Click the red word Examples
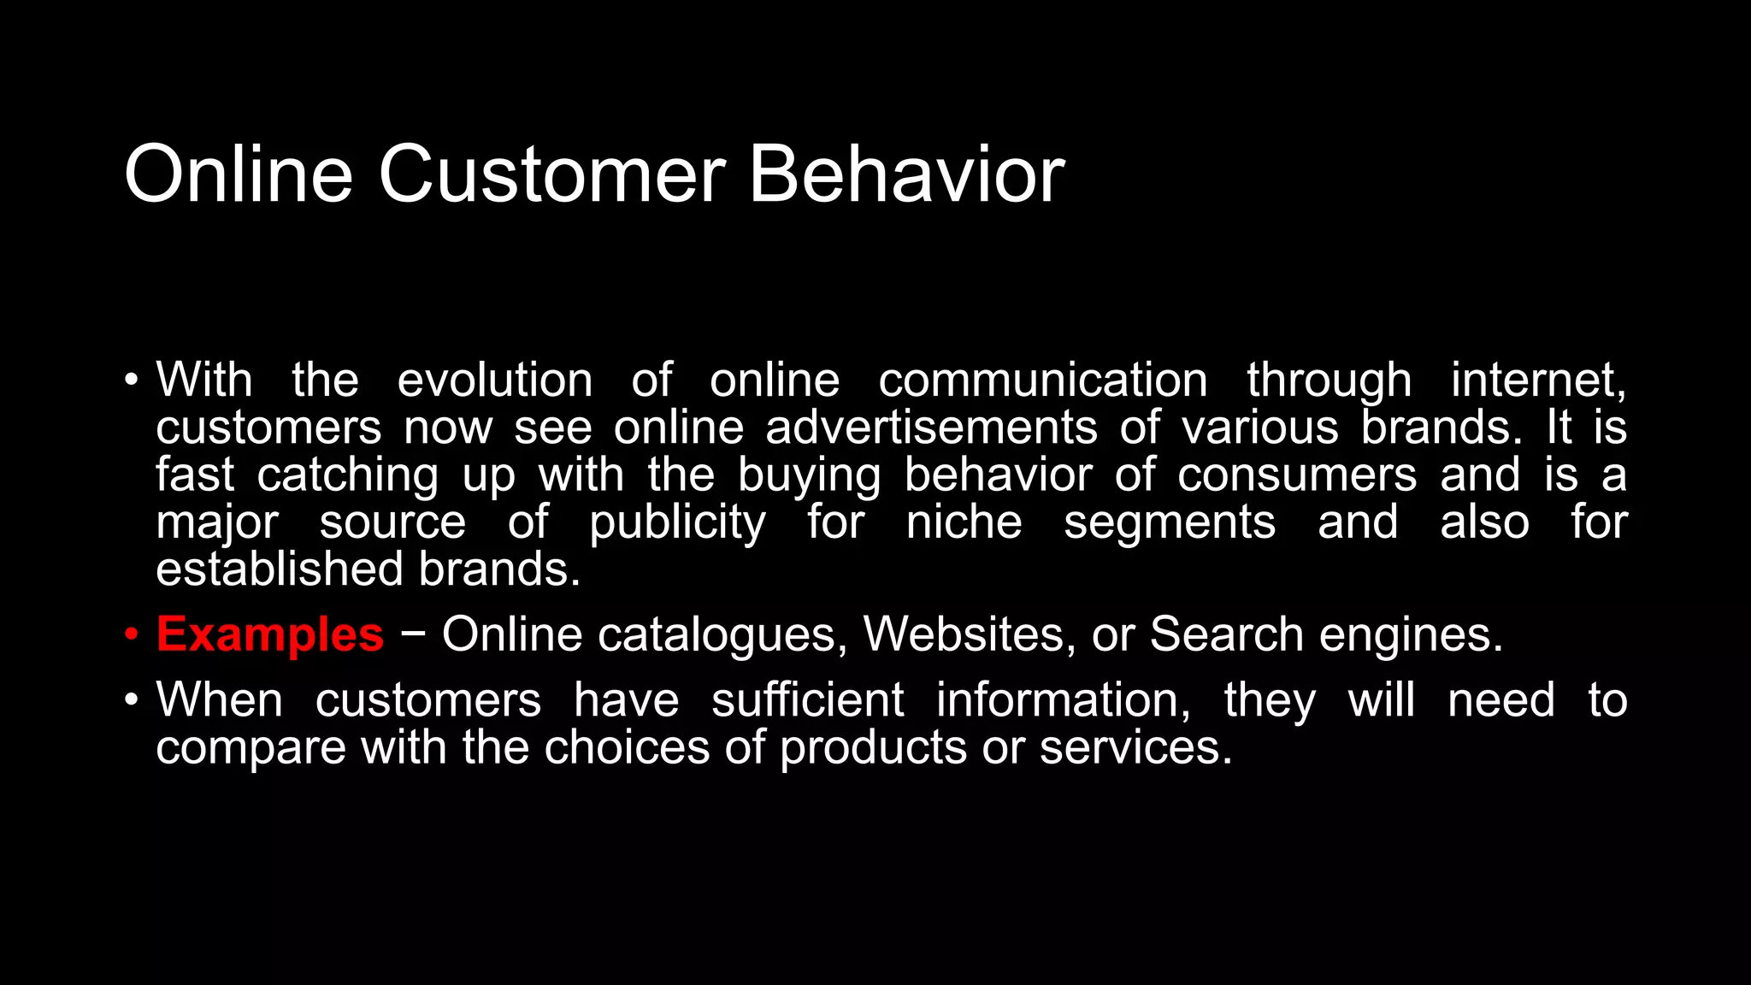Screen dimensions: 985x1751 pyautogui.click(x=270, y=635)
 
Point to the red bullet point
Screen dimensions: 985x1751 pyautogui.click(x=131, y=635)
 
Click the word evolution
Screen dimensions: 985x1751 pyautogui.click(x=494, y=380)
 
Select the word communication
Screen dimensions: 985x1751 pyautogui.click(x=1043, y=380)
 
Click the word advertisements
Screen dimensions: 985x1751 pyautogui.click(x=931, y=428)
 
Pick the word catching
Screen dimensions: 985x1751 pyautogui.click(x=348, y=475)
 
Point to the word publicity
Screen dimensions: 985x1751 pyautogui.click(x=677, y=523)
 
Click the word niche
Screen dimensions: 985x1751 pyautogui.click(x=964, y=522)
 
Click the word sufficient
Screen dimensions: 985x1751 pyautogui.click(x=807, y=700)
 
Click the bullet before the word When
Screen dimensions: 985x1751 pyautogui.click(x=131, y=700)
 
